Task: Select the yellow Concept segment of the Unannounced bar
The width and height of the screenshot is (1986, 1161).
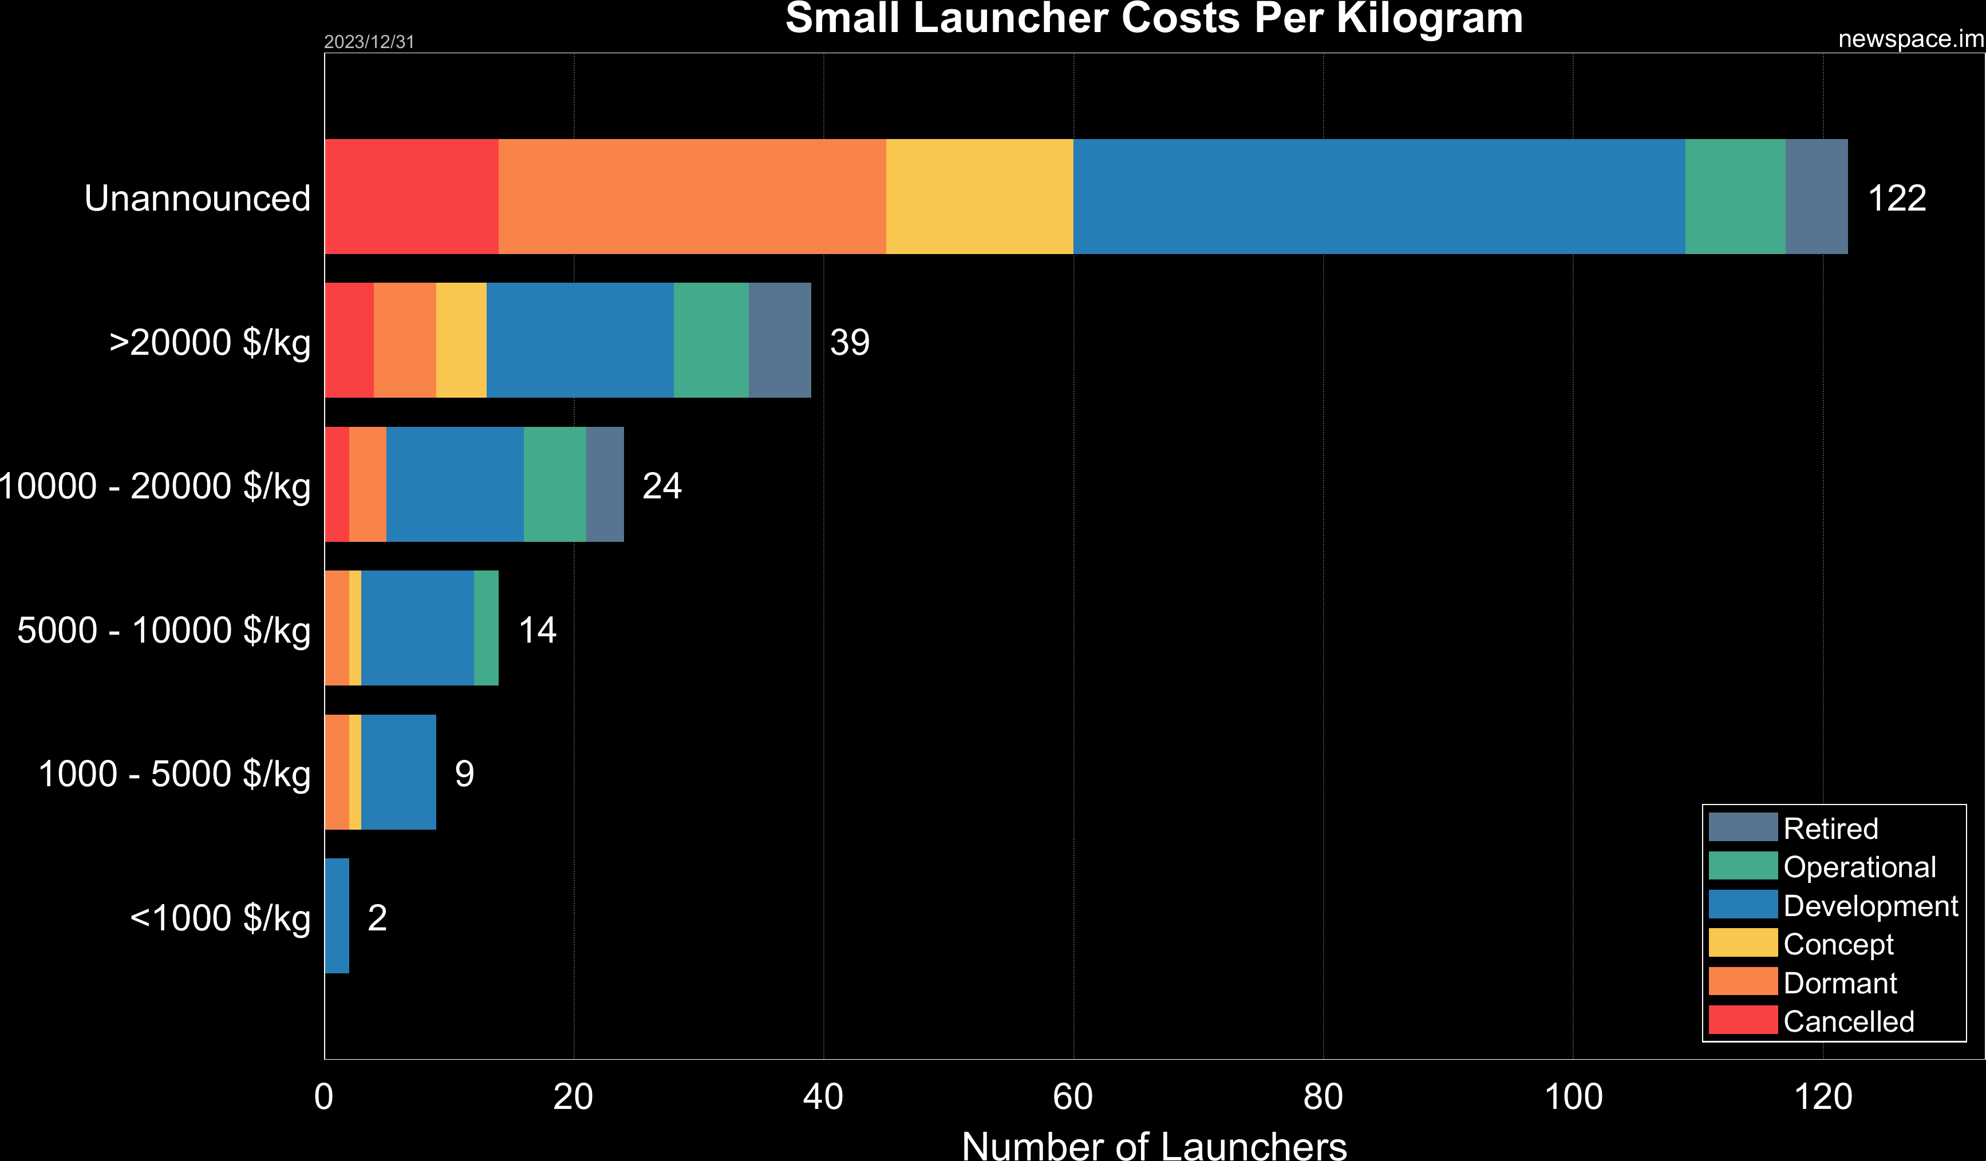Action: [x=979, y=196]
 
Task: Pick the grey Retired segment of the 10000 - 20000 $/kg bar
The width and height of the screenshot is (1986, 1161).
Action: [x=605, y=485]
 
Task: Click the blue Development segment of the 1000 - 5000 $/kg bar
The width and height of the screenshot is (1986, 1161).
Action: [x=398, y=772]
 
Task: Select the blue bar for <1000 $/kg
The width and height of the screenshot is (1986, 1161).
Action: [x=337, y=916]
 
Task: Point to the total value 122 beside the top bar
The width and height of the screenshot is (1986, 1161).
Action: [x=1896, y=198]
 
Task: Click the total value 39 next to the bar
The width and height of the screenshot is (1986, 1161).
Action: [x=849, y=342]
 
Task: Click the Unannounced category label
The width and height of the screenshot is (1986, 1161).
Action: [x=197, y=198]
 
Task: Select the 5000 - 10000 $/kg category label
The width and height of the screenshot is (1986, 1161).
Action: [x=163, y=630]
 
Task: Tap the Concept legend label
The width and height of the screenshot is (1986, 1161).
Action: [x=1838, y=944]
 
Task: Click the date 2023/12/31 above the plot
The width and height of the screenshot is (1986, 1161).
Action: [x=369, y=42]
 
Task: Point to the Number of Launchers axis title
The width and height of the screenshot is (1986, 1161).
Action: [x=1154, y=1145]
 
